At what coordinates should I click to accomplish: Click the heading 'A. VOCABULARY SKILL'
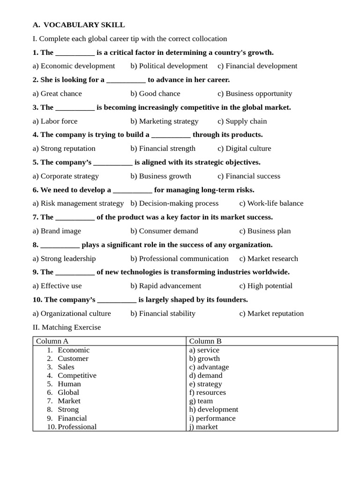click(x=79, y=25)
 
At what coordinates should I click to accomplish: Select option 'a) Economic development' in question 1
click(x=74, y=66)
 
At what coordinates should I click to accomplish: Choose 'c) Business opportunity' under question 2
click(x=255, y=94)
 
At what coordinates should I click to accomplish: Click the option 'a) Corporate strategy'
click(x=66, y=176)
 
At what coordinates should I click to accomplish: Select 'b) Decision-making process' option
click(x=174, y=203)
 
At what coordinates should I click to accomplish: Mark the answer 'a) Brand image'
click(x=57, y=231)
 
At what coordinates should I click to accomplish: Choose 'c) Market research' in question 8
click(x=269, y=259)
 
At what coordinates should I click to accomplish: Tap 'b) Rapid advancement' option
click(x=165, y=286)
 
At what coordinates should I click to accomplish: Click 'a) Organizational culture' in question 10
click(x=72, y=314)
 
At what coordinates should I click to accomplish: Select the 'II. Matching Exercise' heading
click(x=67, y=327)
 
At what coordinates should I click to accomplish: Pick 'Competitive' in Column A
click(x=77, y=375)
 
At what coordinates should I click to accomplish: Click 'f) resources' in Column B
click(x=207, y=392)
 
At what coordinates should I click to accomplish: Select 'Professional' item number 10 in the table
click(x=77, y=427)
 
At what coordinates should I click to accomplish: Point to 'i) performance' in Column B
click(x=212, y=418)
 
